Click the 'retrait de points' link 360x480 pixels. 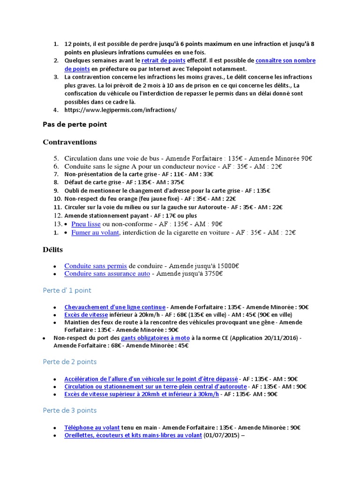(163, 60)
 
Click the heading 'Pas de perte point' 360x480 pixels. (75, 124)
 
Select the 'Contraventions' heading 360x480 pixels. (70, 142)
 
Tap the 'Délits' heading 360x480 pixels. (53, 249)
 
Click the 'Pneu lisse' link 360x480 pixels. (86, 224)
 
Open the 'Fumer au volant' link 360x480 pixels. (95, 232)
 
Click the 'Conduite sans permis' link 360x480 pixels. (96, 266)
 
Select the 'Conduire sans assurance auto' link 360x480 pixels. (107, 273)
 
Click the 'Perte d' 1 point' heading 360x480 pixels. (67, 291)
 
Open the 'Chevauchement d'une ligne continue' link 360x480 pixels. (115, 307)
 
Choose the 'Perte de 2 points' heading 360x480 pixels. (69, 362)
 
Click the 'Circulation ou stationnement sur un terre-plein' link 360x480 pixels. (155, 387)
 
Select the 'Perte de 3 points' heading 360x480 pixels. (69, 410)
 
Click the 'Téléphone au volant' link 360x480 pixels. (92, 427)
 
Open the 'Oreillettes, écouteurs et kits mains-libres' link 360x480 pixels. (133, 435)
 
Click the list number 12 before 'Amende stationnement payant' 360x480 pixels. (56, 216)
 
